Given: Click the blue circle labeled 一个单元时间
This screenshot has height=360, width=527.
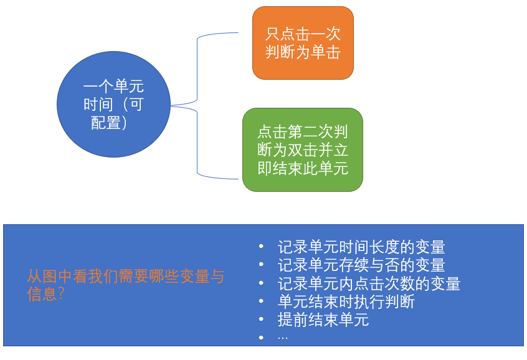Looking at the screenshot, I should pos(113,104).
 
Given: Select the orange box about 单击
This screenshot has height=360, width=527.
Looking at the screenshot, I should pos(303,43).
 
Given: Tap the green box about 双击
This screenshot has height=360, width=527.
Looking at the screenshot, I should pos(302,149).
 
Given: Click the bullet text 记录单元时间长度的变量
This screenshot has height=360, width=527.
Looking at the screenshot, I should pos(361,247).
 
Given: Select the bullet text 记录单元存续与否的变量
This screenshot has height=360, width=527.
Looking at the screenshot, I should pos(361,265).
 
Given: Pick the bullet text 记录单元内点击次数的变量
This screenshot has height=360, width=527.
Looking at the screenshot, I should pos(369,284).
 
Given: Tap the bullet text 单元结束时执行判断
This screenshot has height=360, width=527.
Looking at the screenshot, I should pos(346,302).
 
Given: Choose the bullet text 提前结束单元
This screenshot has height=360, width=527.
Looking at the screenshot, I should pos(323,320).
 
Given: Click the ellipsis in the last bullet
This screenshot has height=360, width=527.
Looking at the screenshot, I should pos(283,338).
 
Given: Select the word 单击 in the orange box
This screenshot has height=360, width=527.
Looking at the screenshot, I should pos(326,52).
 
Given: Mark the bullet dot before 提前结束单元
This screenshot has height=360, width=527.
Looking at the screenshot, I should pos(262,320).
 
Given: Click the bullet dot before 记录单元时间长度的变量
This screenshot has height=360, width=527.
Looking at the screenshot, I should pos(262,247).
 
